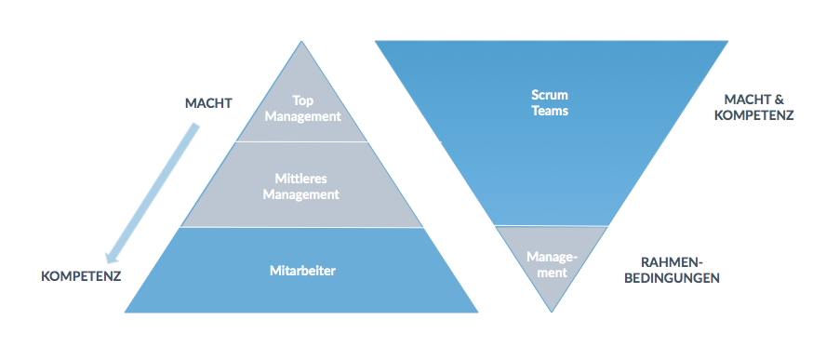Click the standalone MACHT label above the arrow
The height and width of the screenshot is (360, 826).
(x=208, y=103)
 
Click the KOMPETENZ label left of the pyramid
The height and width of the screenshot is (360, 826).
(x=82, y=277)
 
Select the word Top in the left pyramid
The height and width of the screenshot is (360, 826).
(x=301, y=100)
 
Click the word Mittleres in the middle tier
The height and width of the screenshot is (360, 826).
(x=301, y=178)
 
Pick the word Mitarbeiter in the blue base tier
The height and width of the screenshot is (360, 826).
(x=301, y=271)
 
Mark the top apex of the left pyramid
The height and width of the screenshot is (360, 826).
(x=301, y=43)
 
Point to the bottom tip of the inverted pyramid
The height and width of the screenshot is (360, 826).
(x=552, y=311)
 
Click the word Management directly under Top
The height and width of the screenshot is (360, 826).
(x=301, y=116)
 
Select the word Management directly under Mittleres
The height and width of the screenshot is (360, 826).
(x=301, y=194)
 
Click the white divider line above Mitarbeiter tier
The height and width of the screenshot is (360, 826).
(x=301, y=228)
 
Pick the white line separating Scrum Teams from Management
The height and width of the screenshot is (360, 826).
(x=552, y=226)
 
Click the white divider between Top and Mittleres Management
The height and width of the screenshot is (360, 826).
(x=301, y=141)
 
